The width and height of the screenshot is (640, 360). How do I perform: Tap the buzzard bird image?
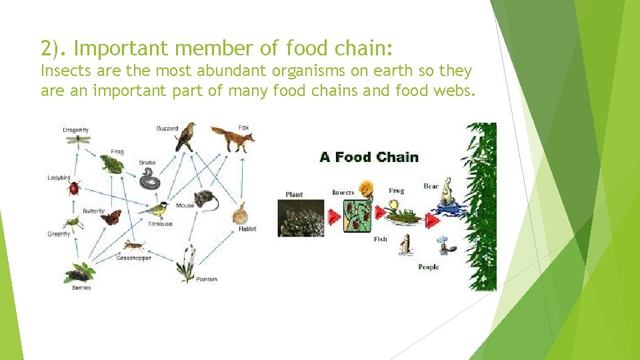click(x=185, y=137)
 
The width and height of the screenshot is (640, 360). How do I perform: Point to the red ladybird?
click(x=74, y=188)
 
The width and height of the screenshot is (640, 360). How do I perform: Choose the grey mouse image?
click(x=205, y=199)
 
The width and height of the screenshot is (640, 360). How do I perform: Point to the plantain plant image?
click(x=187, y=263)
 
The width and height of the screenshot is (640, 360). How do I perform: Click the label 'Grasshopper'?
click(x=134, y=258)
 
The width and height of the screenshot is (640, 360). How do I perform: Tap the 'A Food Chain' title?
click(x=369, y=157)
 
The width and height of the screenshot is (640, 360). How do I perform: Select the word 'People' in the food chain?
click(x=429, y=267)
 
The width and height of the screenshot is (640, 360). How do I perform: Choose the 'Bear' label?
click(x=431, y=186)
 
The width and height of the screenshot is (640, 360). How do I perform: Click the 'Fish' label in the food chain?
click(x=381, y=239)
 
